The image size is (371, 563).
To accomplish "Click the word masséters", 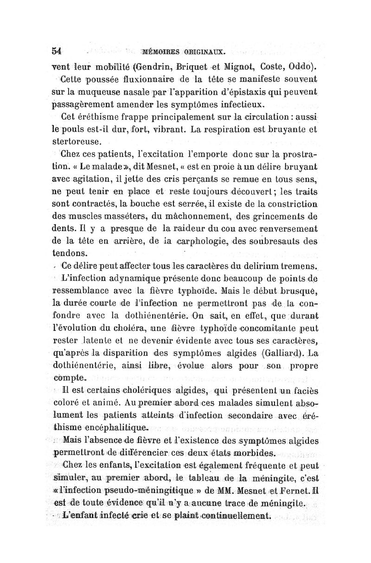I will (112, 215).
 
